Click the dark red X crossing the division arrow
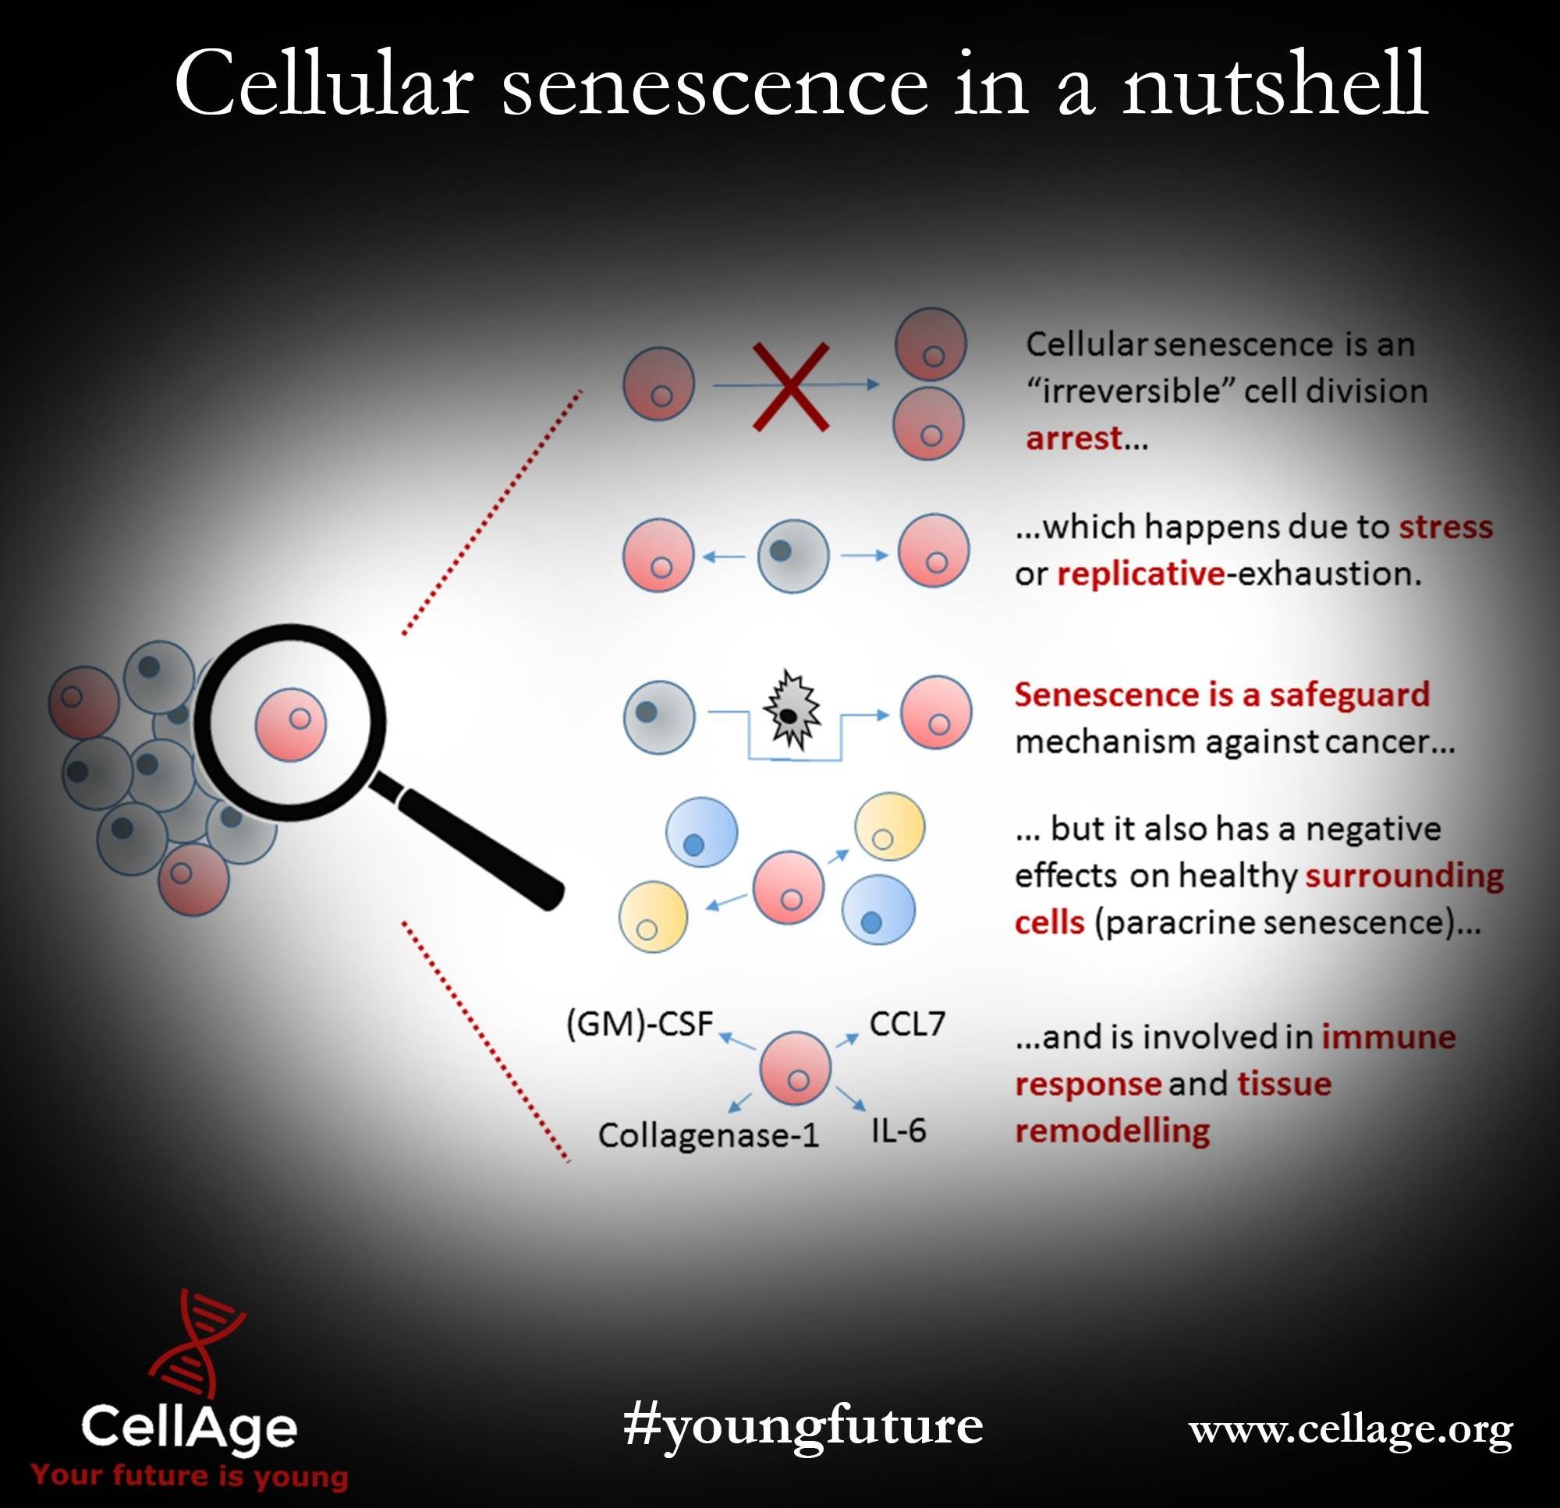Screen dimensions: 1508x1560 tap(790, 387)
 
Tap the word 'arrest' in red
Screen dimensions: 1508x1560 tap(1074, 438)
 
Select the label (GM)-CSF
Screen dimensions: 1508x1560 tap(639, 1024)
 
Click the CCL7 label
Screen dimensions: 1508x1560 tap(906, 1024)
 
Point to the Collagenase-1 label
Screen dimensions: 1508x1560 tap(708, 1135)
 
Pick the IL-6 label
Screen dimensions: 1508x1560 tap(899, 1131)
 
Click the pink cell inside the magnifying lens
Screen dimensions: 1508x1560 tap(290, 724)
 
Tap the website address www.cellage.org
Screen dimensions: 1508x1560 tap(1350, 1430)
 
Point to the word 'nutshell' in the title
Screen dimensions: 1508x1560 tap(1275, 83)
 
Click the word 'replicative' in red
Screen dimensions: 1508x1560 tap(1140, 574)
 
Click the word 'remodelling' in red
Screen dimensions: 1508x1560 tap(1112, 1131)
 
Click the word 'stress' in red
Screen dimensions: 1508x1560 tap(1445, 527)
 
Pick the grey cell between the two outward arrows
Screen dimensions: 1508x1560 tap(792, 556)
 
